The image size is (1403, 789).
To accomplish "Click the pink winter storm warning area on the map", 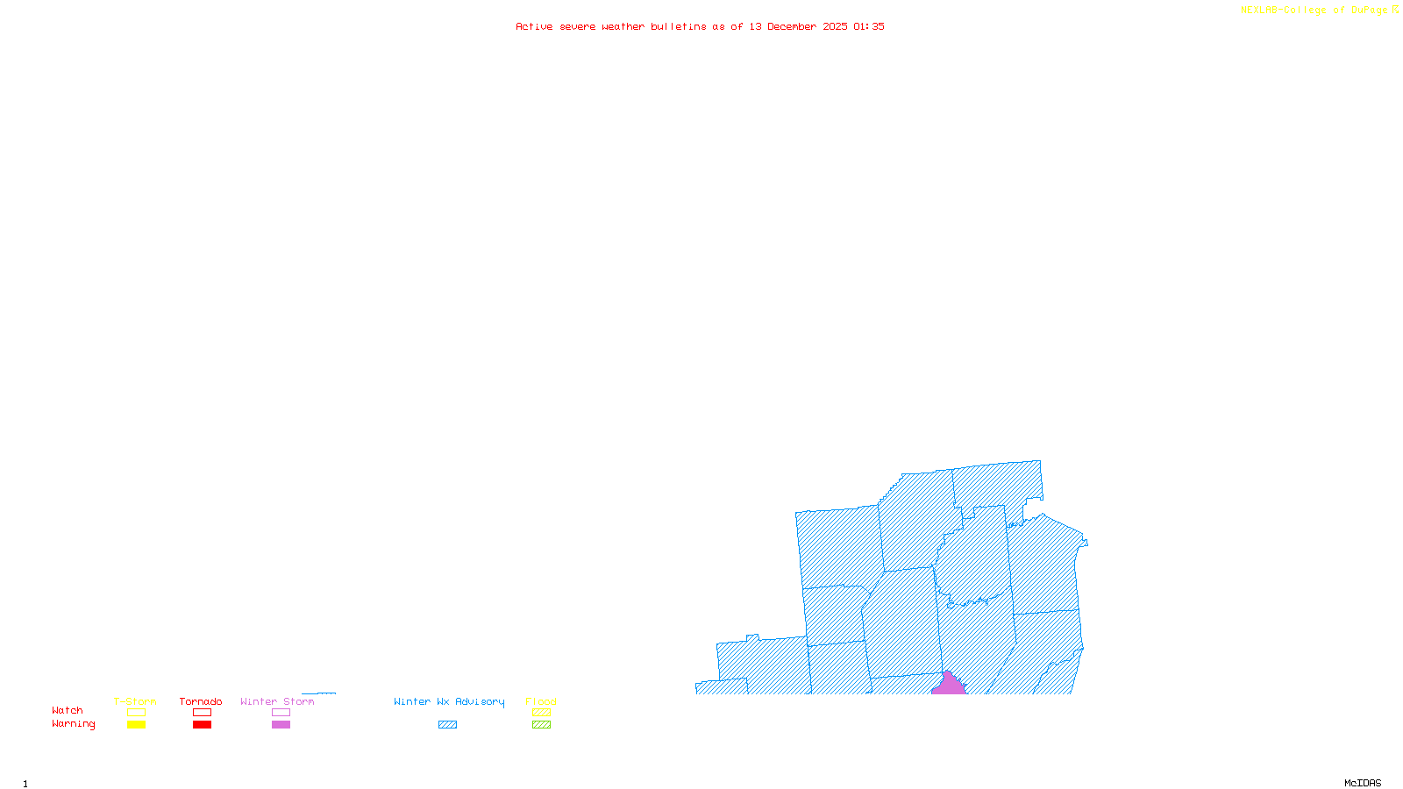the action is point(948,685).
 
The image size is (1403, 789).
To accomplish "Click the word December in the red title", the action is point(792,26).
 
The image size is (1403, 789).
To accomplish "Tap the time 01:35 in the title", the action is point(868,26).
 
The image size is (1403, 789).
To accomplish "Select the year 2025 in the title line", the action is point(835,26).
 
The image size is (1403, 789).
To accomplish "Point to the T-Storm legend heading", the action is point(135,701).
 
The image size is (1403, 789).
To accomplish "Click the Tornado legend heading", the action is point(201,701).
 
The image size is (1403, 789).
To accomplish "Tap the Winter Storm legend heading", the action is point(277,701).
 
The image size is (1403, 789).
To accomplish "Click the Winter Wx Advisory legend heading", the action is point(449,701).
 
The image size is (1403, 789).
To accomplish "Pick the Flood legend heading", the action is point(541,701).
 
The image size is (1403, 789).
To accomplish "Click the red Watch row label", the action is point(68,710).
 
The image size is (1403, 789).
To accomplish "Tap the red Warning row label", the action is point(74,724).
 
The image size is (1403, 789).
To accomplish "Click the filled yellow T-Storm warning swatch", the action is point(136,725).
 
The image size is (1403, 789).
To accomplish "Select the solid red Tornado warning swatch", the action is point(203,725).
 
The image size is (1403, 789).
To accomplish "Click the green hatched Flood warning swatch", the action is point(542,725).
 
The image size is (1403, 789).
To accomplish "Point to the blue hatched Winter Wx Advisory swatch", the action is point(448,725).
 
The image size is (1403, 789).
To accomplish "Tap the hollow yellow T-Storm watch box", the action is point(136,713).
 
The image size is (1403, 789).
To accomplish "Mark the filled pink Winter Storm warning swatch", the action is point(281,725).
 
